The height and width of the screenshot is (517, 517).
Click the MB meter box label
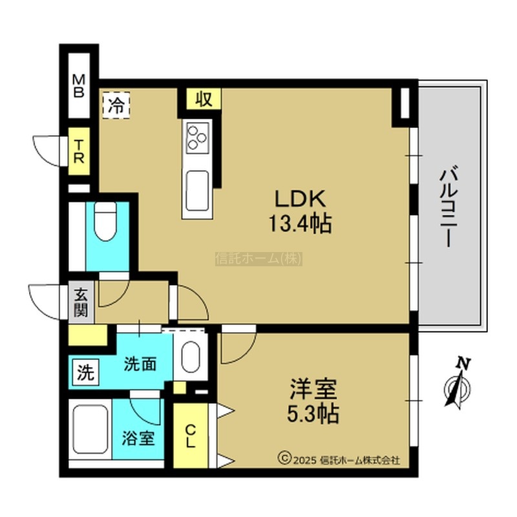(78, 86)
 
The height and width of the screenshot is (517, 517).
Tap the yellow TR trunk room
(79, 151)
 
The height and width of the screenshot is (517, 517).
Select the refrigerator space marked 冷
(116, 105)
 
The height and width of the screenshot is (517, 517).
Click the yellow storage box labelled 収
(204, 99)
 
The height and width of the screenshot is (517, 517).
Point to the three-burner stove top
(198, 137)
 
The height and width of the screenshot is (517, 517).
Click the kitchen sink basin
(197, 191)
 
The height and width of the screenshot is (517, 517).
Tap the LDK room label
(301, 198)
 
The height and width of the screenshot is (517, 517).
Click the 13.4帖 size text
(301, 223)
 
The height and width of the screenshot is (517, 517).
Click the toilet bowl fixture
(105, 221)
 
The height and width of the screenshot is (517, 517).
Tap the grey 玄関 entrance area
(81, 302)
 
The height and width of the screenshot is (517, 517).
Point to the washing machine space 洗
(85, 372)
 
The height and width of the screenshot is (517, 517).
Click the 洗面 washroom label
(140, 364)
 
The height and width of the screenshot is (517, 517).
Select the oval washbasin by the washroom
(191, 357)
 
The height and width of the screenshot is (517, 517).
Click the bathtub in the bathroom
(90, 430)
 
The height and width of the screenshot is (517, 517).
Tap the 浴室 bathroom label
(138, 438)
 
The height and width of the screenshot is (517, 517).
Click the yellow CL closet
(191, 435)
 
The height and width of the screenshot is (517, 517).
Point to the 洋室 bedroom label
(313, 389)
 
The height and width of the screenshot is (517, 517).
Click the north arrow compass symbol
(458, 383)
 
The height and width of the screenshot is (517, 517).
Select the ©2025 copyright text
(339, 459)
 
